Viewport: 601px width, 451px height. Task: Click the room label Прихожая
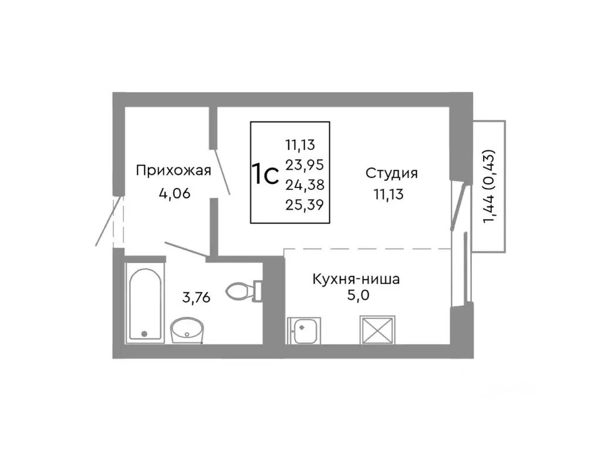coord(173,171)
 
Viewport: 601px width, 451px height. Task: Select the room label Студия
coord(391,173)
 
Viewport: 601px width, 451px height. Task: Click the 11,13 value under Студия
coord(388,195)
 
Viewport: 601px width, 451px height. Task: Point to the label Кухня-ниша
coord(356,279)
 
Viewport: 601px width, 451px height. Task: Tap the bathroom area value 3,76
coord(196,298)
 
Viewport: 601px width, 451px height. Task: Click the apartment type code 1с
coord(265,174)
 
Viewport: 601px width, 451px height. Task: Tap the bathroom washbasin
coord(187,330)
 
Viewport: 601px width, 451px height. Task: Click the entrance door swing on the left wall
coord(110,222)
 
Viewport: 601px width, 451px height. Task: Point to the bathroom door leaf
coord(185,248)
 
